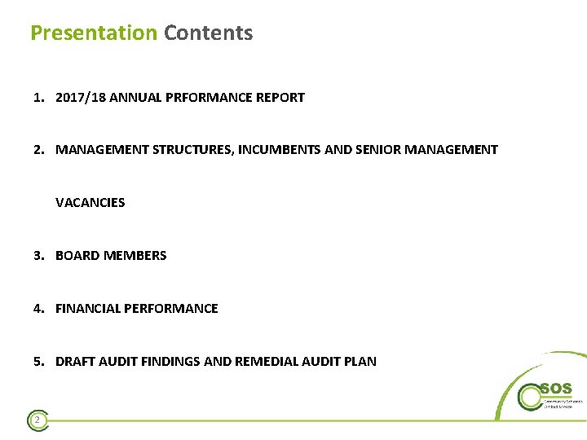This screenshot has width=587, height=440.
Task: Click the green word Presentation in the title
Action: [93, 33]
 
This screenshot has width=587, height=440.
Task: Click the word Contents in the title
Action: [208, 33]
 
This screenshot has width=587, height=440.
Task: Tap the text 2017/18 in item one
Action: [78, 98]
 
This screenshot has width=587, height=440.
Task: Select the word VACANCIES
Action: [90, 202]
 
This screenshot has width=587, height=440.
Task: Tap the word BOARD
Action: [77, 256]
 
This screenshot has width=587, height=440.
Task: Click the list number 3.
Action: [38, 256]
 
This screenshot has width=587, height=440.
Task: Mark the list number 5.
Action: [38, 362]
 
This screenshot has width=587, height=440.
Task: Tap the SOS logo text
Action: [556, 389]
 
